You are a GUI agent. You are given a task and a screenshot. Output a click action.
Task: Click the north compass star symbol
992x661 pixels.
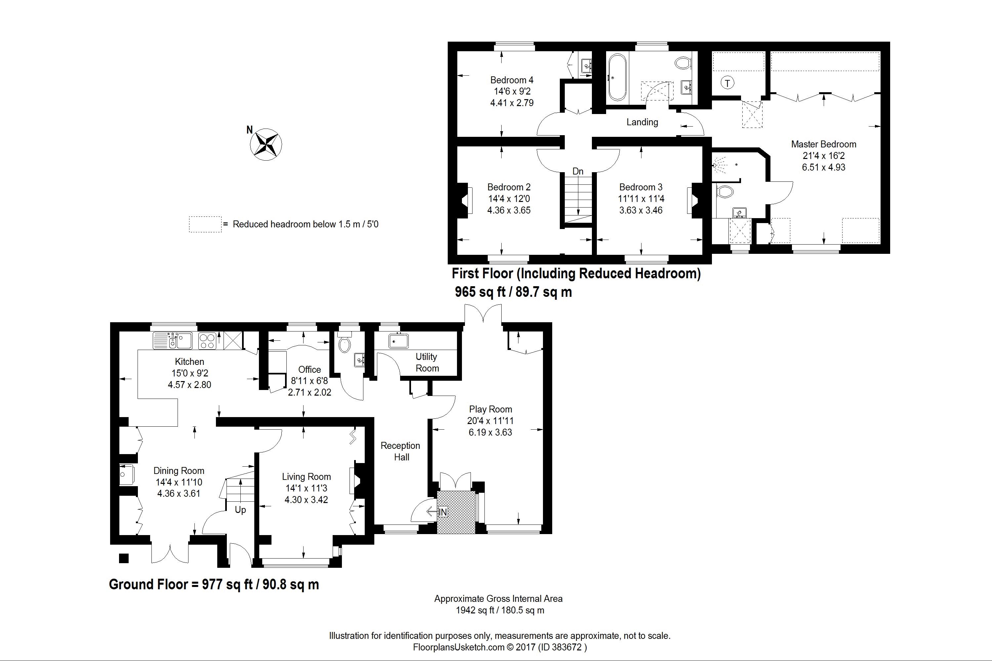266,144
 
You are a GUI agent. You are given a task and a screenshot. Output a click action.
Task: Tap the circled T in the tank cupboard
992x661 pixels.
727,83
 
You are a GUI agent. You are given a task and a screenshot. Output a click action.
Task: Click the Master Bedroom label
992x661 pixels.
823,144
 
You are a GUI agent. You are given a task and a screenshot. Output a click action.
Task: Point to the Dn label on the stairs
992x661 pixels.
578,171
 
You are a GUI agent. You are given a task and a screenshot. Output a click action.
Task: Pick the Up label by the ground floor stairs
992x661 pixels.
240,510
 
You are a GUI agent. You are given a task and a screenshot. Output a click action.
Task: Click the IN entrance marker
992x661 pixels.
442,512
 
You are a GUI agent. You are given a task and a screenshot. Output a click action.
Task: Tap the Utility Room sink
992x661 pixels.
398,341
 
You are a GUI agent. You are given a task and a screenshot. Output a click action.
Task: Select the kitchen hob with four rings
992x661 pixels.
207,341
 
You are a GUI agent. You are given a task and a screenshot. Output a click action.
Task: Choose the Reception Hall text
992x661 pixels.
401,451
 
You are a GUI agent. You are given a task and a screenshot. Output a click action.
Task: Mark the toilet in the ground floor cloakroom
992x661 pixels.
345,342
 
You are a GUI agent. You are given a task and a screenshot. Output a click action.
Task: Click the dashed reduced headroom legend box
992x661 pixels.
205,224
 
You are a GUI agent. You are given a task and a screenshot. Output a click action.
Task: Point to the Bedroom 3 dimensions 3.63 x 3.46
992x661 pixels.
641,210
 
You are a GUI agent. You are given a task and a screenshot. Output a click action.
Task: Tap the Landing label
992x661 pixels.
642,122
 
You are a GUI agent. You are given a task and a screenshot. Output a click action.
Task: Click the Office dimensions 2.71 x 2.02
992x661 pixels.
310,392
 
